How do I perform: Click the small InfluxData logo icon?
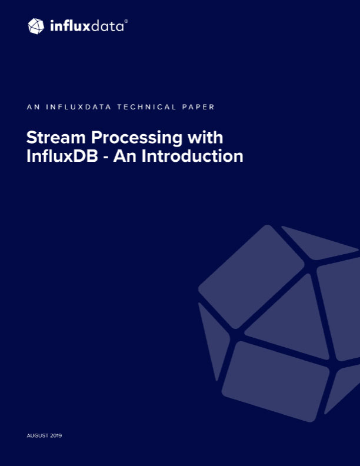[x=36, y=26]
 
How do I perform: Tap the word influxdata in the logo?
[x=86, y=26]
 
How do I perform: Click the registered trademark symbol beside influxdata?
[x=126, y=21]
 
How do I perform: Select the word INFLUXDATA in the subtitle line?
[x=78, y=107]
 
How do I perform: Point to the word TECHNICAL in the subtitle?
[x=146, y=107]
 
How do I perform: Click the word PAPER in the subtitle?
[x=198, y=107]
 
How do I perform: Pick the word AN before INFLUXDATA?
[x=34, y=107]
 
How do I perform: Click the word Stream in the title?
[x=56, y=138]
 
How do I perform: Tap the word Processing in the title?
[x=136, y=138]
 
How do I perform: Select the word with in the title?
[x=205, y=137]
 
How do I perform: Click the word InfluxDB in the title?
[x=62, y=156]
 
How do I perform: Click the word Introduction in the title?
[x=192, y=156]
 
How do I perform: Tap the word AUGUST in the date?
[x=38, y=435]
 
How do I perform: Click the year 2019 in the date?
[x=56, y=435]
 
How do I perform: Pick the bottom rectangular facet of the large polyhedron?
[x=276, y=381]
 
